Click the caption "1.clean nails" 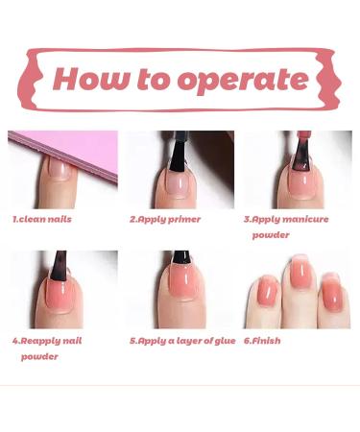(x=42, y=220)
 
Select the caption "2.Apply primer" (x=165, y=220)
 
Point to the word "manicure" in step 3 (x=305, y=220)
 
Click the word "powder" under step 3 (x=271, y=235)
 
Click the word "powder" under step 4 (x=39, y=357)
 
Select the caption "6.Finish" (x=262, y=341)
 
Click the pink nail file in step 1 (x=74, y=152)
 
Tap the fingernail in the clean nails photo (x=60, y=168)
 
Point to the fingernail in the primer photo (x=177, y=182)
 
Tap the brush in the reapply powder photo (x=60, y=266)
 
